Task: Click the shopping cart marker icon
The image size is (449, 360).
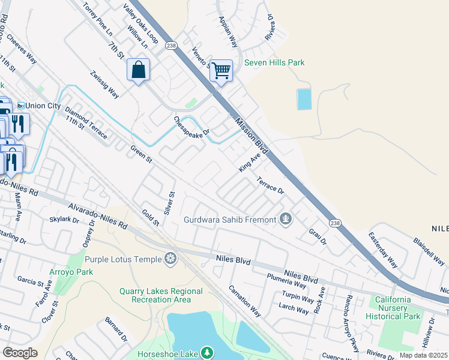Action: (221, 71)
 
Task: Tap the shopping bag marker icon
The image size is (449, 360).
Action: (139, 70)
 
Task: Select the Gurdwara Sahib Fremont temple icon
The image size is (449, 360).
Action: (286, 220)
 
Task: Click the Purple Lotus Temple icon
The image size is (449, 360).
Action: (172, 259)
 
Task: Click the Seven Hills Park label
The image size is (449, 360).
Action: (274, 62)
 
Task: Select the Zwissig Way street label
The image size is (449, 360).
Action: (104, 86)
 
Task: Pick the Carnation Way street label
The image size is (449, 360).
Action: (244, 301)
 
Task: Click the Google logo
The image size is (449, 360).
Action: (20, 353)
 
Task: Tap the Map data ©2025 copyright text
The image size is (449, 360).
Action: (424, 355)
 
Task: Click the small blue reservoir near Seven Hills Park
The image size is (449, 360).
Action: (304, 99)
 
